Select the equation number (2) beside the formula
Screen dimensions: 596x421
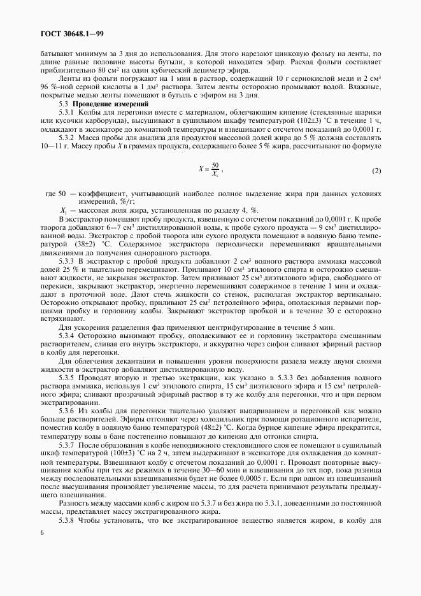pos(376,171)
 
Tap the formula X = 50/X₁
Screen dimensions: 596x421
pos(210,170)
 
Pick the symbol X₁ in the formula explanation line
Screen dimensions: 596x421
pos(64,211)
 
